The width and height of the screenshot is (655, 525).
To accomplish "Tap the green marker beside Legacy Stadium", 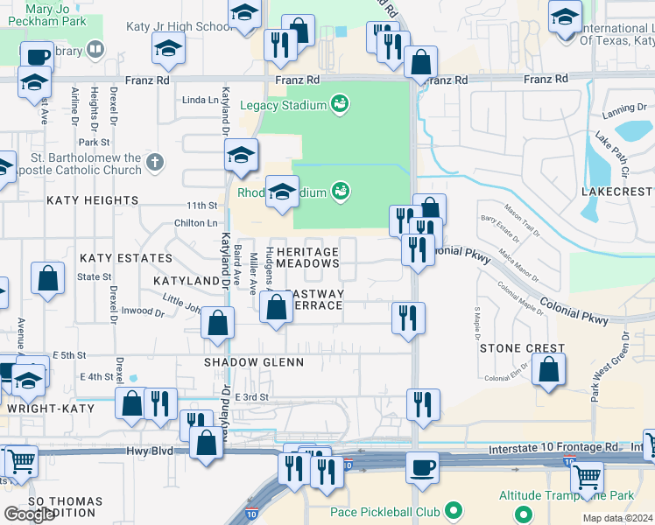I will pos(341,105).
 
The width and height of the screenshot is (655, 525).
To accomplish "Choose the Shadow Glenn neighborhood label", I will pos(254,362).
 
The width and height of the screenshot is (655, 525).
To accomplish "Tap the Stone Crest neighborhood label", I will pos(522,348).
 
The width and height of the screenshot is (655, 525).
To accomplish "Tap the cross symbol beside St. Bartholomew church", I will pos(155,161).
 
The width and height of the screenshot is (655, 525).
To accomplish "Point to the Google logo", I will pos(29,514).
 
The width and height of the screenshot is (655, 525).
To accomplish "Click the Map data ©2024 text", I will pos(618,518).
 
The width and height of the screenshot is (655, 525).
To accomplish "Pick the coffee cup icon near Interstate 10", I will pos(423,468).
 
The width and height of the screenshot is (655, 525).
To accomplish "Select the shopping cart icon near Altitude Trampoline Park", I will pos(587,478).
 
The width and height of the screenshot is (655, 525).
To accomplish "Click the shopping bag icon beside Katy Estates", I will pos(48,279).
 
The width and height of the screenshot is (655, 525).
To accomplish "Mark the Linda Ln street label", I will pos(200,100).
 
